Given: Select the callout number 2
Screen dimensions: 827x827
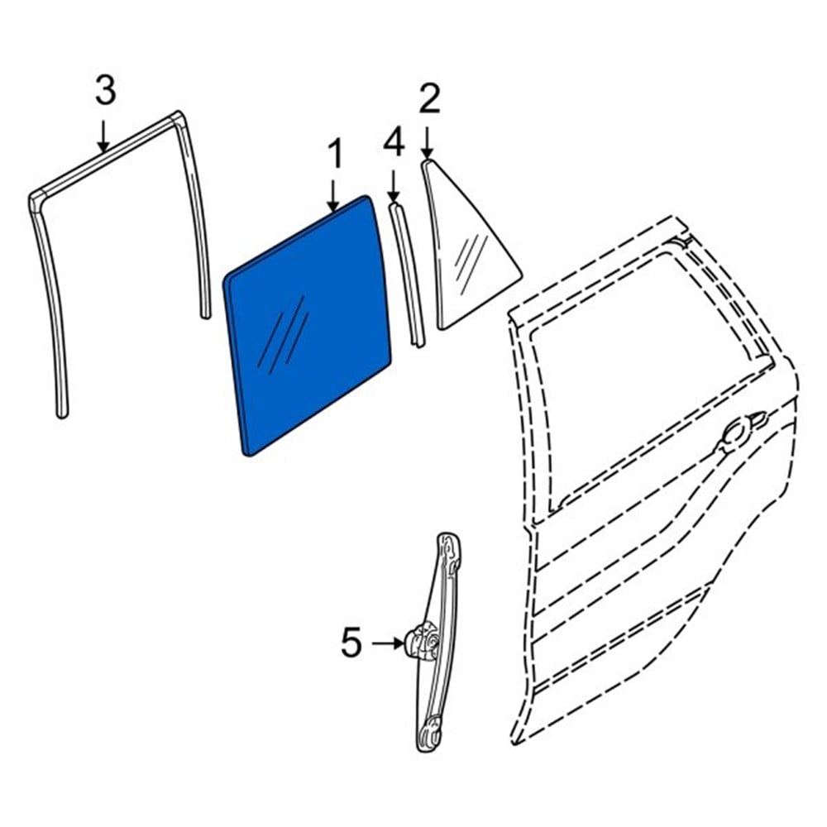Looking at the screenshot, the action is tap(430, 98).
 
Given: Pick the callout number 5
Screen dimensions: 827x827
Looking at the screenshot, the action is tap(351, 643).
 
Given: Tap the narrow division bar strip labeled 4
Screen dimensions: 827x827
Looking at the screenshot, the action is tap(406, 275).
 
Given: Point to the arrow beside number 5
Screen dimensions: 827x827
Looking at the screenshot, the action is tap(388, 643).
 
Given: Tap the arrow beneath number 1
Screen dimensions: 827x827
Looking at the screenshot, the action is tap(332, 198).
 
